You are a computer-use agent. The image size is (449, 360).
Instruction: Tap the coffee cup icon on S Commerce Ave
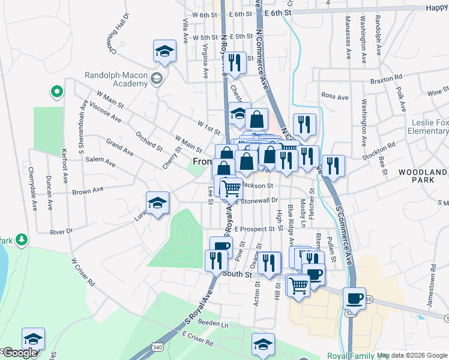point(354,299)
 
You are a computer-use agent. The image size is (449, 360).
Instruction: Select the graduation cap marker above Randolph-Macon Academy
point(164,52)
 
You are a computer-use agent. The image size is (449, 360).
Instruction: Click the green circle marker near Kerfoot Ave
point(57,92)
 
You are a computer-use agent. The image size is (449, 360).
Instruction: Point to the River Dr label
point(61,231)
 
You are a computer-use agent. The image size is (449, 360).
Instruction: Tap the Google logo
point(20,353)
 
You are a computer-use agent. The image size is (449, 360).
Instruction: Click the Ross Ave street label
point(335,96)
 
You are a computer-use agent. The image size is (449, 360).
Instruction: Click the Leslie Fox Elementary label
point(427,127)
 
